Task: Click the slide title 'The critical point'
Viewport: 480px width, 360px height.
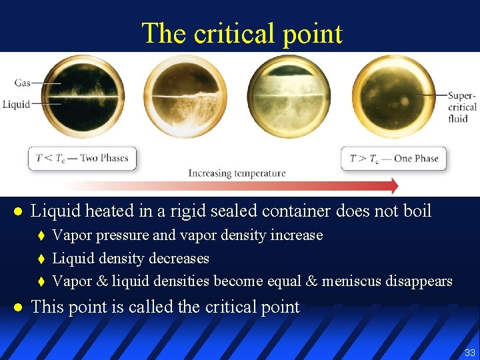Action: pos(241,33)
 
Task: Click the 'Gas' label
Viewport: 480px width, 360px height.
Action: pos(23,83)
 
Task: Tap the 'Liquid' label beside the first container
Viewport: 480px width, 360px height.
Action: pos(16,104)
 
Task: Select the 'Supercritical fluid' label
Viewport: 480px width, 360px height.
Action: pos(461,107)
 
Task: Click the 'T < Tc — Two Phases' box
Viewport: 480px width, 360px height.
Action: pos(82,159)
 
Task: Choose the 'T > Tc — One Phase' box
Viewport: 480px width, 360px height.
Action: pos(393,159)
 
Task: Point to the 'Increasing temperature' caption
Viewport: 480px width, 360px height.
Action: pos(237,173)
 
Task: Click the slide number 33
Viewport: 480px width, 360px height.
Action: pos(469,352)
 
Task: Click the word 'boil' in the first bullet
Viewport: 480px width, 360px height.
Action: pos(417,211)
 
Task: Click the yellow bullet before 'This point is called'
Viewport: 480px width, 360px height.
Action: pos(19,307)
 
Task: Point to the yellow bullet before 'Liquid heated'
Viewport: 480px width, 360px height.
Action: pos(19,212)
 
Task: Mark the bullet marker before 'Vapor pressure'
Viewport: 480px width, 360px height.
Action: pos(41,236)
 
